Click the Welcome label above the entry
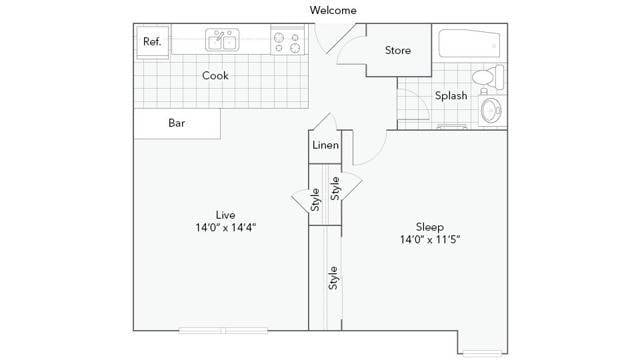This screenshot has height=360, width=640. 333,10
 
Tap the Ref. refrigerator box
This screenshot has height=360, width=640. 153,42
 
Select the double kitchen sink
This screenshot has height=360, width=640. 222,40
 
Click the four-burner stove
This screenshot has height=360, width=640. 287,40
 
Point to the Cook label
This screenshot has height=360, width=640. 215,76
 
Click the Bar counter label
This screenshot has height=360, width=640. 177,123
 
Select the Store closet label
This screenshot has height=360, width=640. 398,50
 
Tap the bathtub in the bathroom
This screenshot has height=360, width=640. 469,43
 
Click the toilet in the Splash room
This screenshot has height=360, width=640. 488,76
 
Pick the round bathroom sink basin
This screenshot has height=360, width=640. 491,110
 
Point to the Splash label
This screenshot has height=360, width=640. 451,96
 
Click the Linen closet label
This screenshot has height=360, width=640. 325,145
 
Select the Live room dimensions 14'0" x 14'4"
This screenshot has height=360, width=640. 226,227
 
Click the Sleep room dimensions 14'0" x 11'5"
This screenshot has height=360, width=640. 430,239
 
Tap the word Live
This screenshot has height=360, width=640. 225,215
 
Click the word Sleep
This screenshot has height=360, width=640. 430,227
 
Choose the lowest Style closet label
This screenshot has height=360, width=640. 333,278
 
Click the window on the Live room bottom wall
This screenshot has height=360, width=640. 223,330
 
